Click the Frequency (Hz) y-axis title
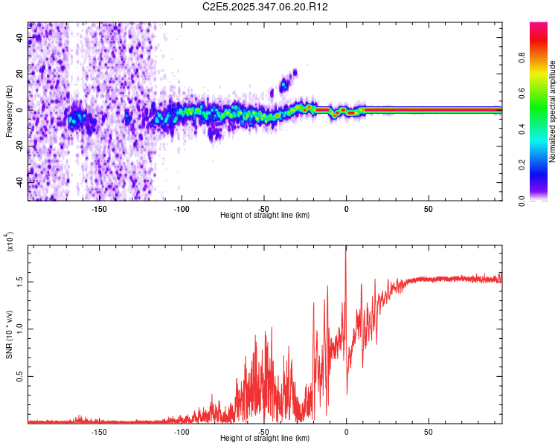click(x=9, y=111)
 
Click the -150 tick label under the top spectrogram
click(x=99, y=209)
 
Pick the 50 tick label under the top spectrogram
click(x=429, y=209)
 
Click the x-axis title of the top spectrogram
click(x=265, y=216)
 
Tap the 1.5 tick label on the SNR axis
click(x=20, y=282)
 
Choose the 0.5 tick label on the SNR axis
click(x=20, y=377)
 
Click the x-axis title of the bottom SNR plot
click(x=265, y=439)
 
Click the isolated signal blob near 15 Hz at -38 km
click(x=283, y=85)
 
